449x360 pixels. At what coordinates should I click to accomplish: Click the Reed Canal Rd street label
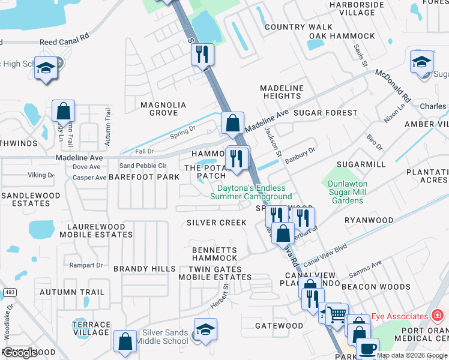click(64, 43)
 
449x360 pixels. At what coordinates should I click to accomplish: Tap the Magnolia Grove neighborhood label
click(163, 109)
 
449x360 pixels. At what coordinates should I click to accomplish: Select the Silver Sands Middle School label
click(165, 337)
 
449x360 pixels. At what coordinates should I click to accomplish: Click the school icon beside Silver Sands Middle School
click(205, 330)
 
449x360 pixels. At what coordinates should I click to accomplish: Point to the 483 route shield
click(9, 292)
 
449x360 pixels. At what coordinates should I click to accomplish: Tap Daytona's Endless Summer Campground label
click(254, 192)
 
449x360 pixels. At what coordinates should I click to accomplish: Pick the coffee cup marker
click(367, 348)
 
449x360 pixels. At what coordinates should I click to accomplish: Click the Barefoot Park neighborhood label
click(144, 177)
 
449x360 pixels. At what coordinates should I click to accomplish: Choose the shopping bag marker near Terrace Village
click(125, 341)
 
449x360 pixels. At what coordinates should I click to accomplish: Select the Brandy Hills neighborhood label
click(144, 269)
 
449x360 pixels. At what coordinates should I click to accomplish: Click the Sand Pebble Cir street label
click(142, 166)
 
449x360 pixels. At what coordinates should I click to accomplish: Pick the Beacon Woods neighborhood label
click(384, 287)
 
